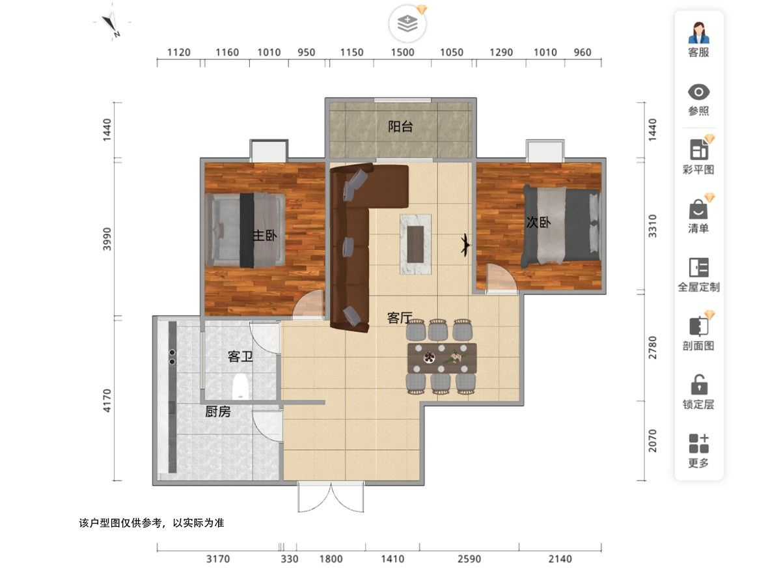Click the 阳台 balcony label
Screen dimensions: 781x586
click(x=400, y=127)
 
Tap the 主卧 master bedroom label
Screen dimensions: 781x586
click(x=265, y=235)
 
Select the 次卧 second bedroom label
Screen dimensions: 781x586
click(x=538, y=223)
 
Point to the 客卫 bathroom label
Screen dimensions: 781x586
click(x=240, y=357)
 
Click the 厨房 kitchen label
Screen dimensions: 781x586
click(x=218, y=412)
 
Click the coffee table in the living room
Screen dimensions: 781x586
click(x=415, y=244)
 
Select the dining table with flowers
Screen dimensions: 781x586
click(x=441, y=358)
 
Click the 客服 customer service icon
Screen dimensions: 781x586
click(x=698, y=33)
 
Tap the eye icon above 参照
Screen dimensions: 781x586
click(x=698, y=92)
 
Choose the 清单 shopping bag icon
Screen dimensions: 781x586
click(x=698, y=209)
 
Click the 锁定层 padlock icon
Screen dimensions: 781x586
click(x=699, y=384)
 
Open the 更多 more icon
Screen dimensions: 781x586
click(x=699, y=443)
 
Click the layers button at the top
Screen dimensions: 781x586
click(x=407, y=24)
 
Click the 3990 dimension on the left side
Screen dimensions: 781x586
click(x=107, y=239)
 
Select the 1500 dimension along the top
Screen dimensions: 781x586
click(x=402, y=52)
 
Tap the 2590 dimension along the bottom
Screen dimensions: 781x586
click(x=469, y=559)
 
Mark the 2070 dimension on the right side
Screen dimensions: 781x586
click(x=652, y=441)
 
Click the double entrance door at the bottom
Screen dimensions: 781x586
click(x=331, y=497)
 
